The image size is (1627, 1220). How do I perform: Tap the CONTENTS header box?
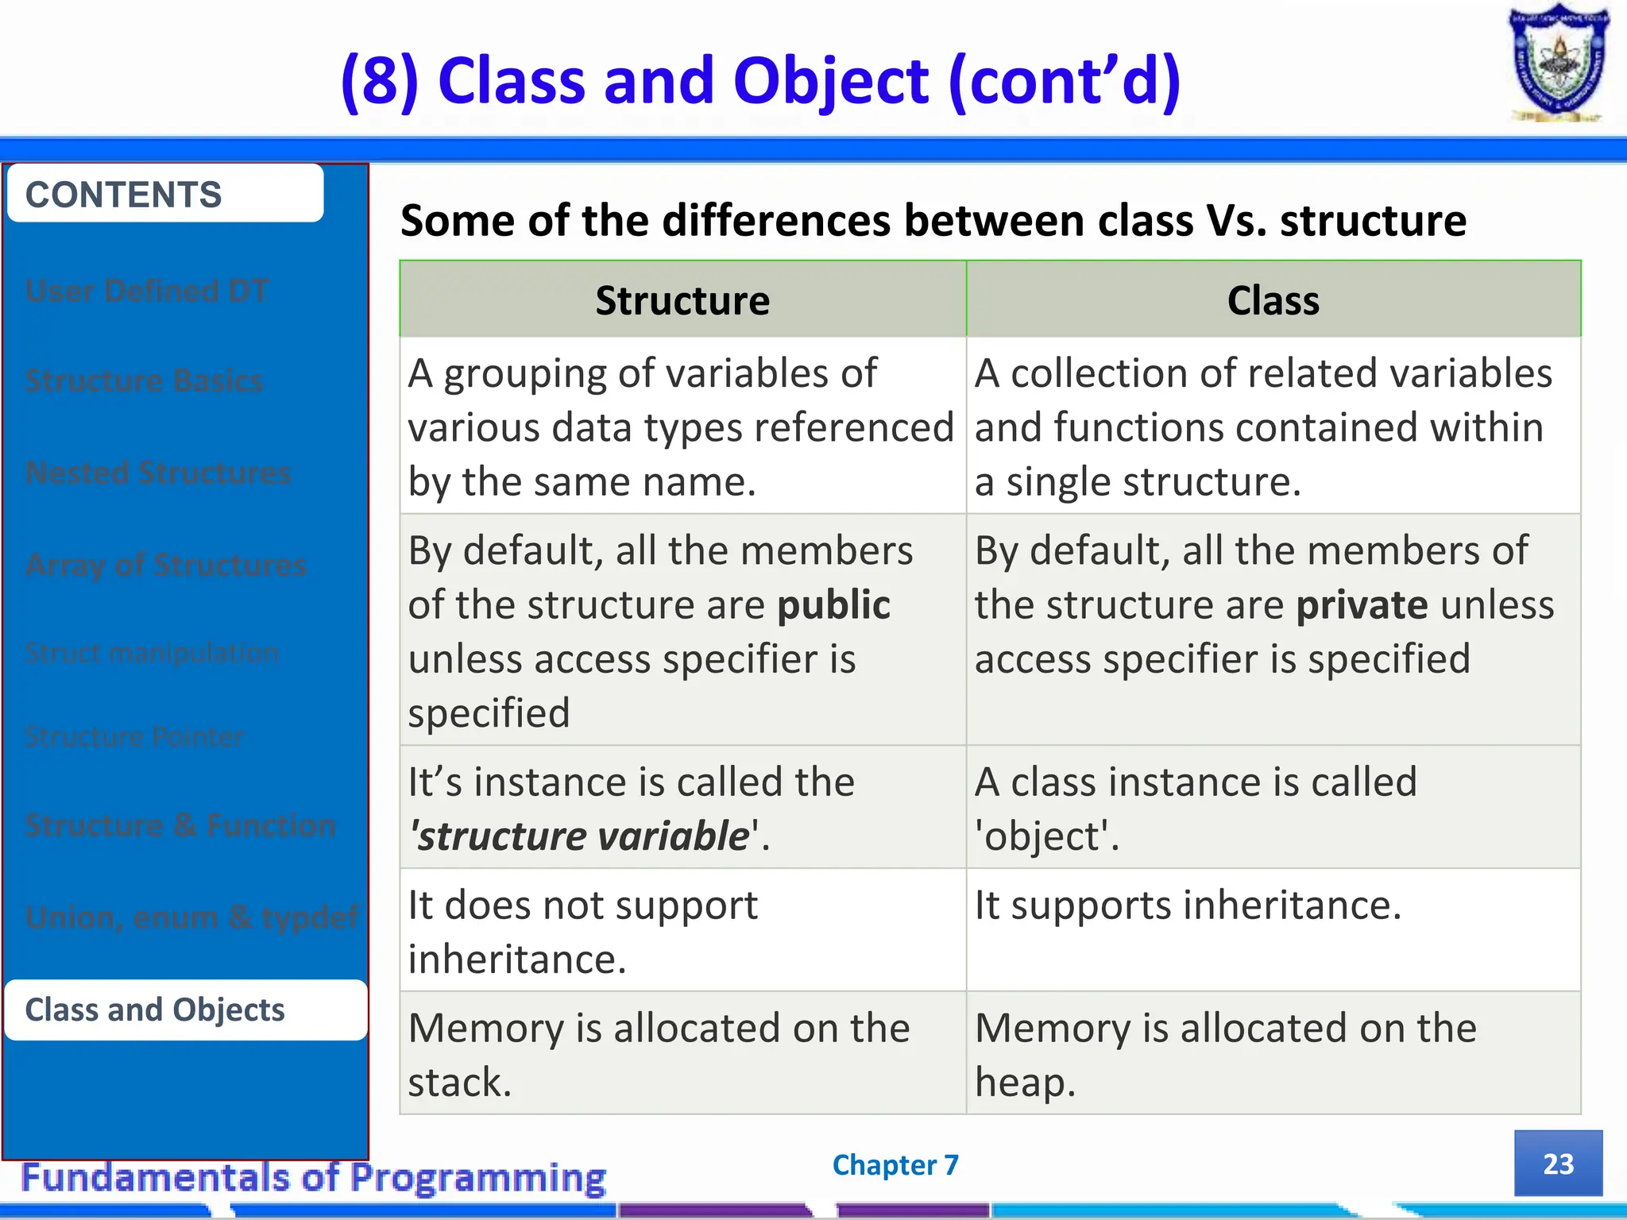(x=165, y=194)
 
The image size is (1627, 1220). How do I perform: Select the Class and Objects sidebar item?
(x=185, y=1010)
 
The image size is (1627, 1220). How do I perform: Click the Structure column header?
(x=682, y=300)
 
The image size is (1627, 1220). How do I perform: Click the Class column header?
(x=1273, y=300)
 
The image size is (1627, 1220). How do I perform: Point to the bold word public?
(x=833, y=605)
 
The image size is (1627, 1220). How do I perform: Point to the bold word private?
(x=1361, y=605)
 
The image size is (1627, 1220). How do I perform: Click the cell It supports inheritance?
(x=1188, y=905)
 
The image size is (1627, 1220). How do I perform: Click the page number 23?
(x=1558, y=1164)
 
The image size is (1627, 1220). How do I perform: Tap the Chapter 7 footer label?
(x=895, y=1165)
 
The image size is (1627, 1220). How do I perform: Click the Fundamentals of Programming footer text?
(x=314, y=1178)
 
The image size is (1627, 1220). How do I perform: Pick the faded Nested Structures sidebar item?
(x=158, y=473)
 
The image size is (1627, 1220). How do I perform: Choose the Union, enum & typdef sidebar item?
(x=191, y=917)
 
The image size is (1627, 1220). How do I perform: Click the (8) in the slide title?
(x=379, y=81)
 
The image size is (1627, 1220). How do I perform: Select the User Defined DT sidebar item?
(x=147, y=291)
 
